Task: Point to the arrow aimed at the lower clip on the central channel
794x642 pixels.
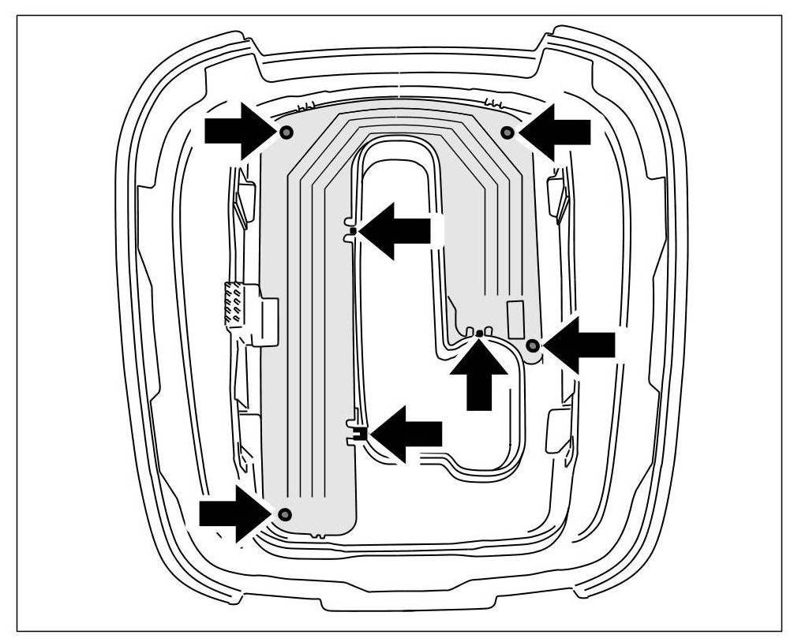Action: point(406,432)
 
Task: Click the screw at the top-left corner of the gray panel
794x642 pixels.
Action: point(286,132)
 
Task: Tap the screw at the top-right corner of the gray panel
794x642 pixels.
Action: point(507,132)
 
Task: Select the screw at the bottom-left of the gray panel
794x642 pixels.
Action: point(285,515)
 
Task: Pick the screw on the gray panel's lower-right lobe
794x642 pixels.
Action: point(533,345)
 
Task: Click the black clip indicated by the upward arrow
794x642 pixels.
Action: point(479,334)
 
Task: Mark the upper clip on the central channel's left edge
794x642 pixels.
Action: point(353,230)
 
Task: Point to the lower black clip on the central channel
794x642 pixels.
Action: point(359,432)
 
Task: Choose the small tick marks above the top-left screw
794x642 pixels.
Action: point(306,106)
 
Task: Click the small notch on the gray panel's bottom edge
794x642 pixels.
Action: point(318,535)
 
